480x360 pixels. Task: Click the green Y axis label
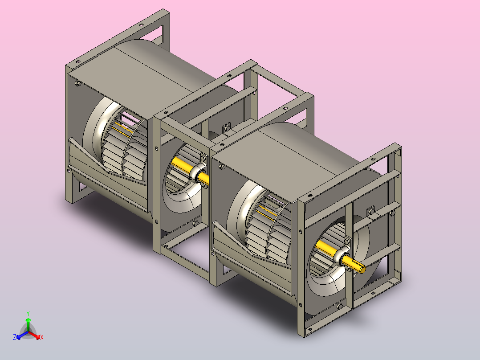28,313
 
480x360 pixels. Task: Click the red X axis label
42,337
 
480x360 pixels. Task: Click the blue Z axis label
15,337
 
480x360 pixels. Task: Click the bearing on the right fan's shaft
342,256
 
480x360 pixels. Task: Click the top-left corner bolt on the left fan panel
78,83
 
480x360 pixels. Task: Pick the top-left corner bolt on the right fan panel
222,167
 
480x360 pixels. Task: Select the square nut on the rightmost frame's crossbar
371,211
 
